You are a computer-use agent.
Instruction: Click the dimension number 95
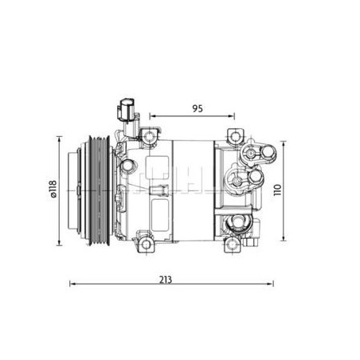(198, 108)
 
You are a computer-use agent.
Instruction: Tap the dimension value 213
(166, 280)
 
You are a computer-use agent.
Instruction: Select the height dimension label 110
(277, 190)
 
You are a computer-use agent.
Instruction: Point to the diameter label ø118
(53, 189)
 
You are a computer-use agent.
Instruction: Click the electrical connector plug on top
(125, 111)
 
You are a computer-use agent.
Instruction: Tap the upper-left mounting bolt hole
(150, 136)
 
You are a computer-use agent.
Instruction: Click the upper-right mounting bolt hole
(234, 137)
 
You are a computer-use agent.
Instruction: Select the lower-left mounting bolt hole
(147, 245)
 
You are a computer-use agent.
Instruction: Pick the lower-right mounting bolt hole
(233, 245)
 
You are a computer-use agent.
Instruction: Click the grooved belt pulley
(100, 190)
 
